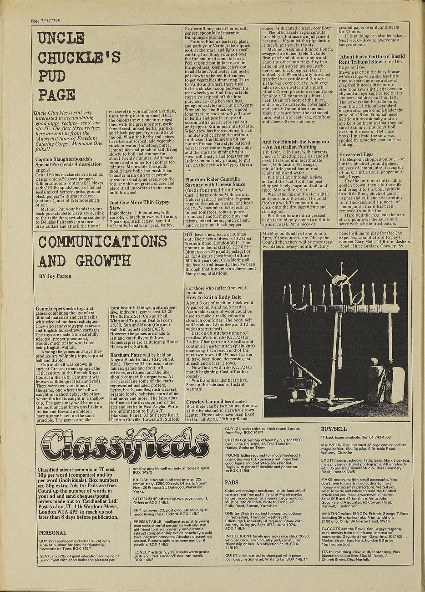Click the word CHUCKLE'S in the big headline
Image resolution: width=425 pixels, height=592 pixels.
(x=79, y=57)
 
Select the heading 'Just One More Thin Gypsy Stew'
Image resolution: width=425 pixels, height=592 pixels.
(x=140, y=204)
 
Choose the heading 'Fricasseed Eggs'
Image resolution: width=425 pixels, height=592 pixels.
(x=356, y=154)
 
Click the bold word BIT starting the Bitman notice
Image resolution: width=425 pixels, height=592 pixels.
(x=189, y=233)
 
